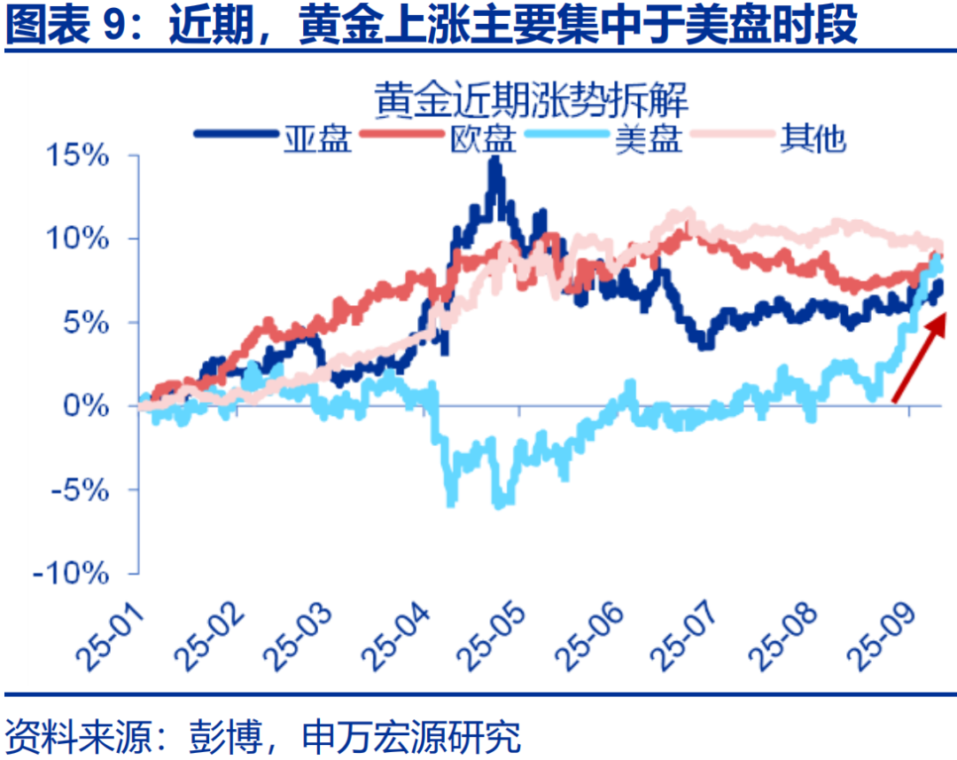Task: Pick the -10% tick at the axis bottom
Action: point(74,573)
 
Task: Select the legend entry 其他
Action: point(813,137)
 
